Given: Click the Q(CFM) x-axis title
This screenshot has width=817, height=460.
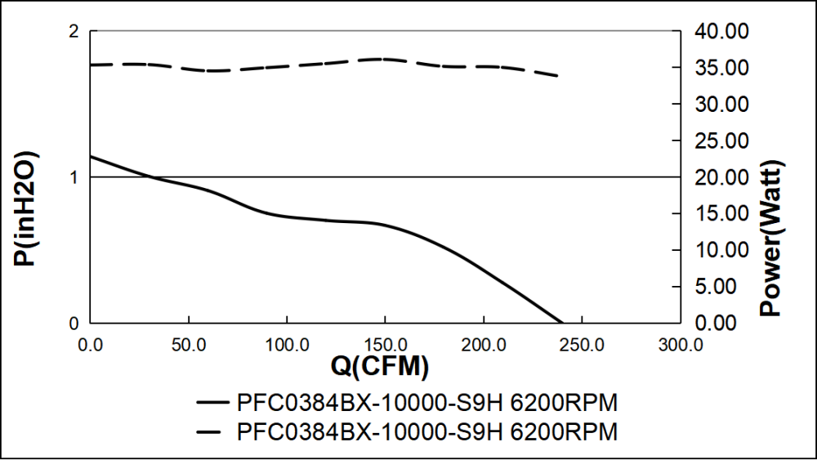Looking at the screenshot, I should (380, 368).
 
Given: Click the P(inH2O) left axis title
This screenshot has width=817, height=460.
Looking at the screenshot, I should (26, 209).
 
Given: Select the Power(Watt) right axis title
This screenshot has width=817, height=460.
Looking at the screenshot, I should (770, 238).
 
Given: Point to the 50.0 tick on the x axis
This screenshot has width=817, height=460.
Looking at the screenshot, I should (189, 344).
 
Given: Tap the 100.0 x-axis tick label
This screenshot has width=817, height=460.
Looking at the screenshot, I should (287, 344).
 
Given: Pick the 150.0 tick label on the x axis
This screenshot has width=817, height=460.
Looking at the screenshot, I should (385, 344).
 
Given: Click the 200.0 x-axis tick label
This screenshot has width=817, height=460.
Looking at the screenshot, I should (483, 344).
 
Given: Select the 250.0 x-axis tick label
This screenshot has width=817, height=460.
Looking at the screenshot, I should (581, 344).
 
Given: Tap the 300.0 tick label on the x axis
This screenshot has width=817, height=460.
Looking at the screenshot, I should (680, 344).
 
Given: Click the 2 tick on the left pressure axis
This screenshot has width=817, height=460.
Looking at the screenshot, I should (74, 32).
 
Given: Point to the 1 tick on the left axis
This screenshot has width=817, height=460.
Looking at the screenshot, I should (74, 177).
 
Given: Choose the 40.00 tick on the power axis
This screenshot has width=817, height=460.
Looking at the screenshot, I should (720, 32).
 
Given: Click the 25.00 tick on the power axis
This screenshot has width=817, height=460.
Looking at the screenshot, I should (720, 141).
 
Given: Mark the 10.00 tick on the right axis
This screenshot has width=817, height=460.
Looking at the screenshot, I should (720, 250).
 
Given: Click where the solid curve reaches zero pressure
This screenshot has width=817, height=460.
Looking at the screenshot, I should (562, 323).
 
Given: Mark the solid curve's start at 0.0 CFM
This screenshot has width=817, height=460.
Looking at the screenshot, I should (91, 156).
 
